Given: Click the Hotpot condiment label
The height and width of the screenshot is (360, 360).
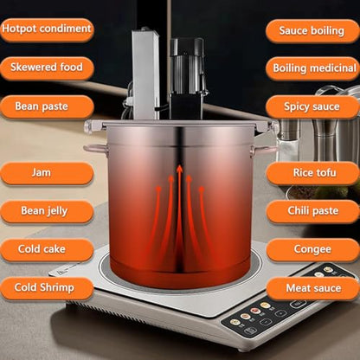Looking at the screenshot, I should click(46, 29).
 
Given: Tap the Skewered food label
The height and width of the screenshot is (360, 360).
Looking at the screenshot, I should click(46, 67).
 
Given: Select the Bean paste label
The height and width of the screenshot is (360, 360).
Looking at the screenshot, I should click(46, 106).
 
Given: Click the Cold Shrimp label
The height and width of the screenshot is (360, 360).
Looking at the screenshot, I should click(46, 287).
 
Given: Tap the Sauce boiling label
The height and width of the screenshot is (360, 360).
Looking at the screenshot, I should click(312, 30).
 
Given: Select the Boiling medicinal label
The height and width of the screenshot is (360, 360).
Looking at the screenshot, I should click(312, 68).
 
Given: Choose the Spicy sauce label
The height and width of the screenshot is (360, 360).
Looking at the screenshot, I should click(312, 106).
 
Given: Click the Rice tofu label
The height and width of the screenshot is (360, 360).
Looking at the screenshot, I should click(312, 173).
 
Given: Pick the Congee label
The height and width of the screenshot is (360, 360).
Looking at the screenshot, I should click(312, 250).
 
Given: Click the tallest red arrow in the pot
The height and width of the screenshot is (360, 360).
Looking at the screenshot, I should click(179, 208).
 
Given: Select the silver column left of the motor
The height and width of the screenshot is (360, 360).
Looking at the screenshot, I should click(145, 74).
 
